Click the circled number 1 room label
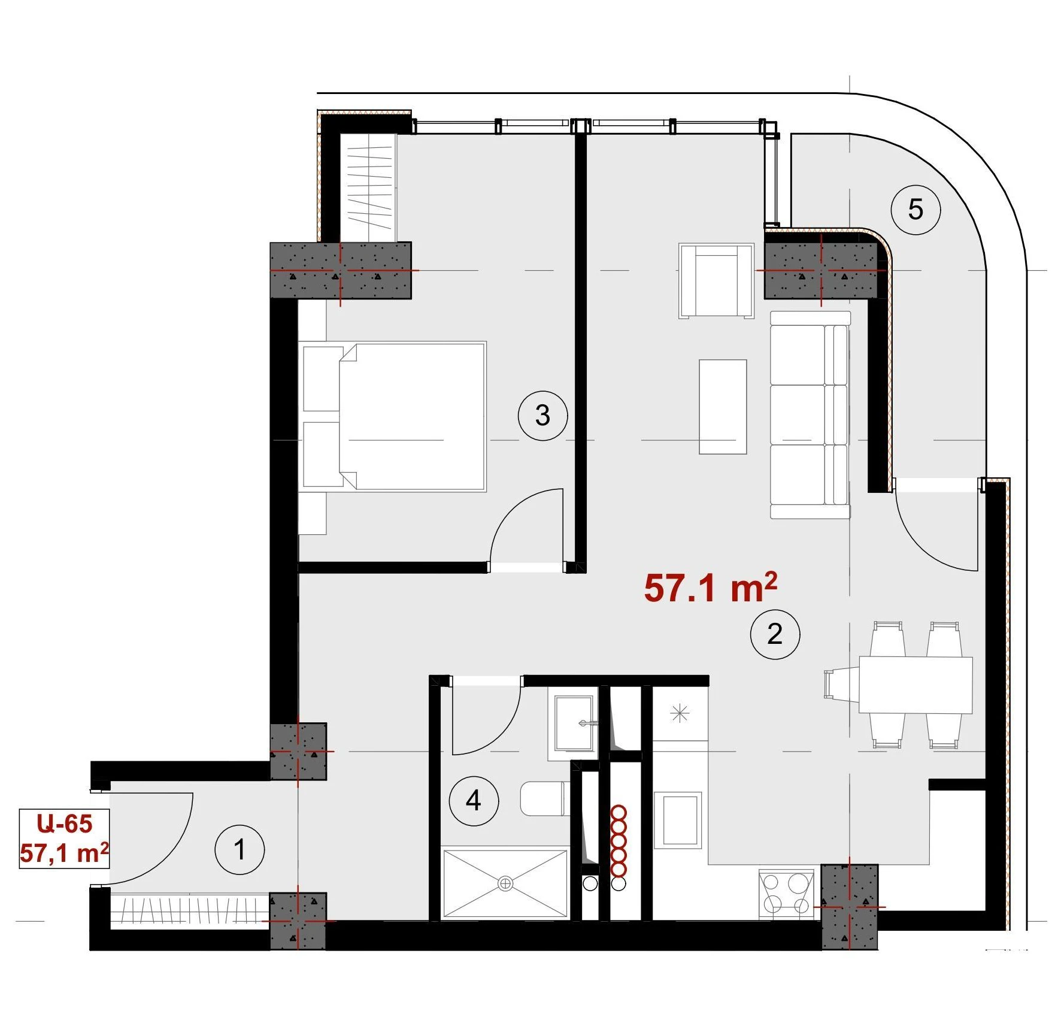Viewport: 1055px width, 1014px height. coord(240,849)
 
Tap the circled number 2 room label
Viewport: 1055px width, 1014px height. coord(775,634)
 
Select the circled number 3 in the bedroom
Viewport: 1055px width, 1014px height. coord(542,416)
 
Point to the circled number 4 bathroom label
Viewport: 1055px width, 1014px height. coord(474,801)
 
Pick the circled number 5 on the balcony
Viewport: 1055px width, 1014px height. coord(915,210)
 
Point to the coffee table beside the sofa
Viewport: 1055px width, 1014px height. coord(723,407)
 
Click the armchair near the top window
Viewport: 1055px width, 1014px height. coord(716,280)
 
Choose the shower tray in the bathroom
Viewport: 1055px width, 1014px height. coord(505,883)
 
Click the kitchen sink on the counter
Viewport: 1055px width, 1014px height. coord(681,820)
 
